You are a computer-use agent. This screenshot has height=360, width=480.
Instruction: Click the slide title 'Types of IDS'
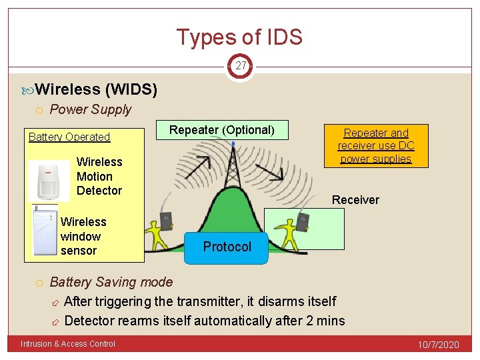pyautogui.click(x=239, y=37)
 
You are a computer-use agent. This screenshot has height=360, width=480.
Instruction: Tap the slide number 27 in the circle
pyautogui.click(x=240, y=66)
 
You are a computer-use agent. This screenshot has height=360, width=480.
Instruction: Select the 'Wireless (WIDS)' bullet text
pyautogui.click(x=96, y=89)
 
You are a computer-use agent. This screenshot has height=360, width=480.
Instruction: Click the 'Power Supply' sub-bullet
pyautogui.click(x=91, y=109)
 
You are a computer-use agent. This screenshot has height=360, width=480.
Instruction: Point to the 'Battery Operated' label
pyautogui.click(x=69, y=137)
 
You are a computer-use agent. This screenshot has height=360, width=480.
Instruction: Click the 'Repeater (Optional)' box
pyautogui.click(x=221, y=130)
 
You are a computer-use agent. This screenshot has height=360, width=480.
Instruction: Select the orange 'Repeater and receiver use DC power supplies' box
pyautogui.click(x=376, y=146)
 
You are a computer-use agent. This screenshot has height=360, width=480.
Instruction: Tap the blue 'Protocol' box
pyautogui.click(x=227, y=247)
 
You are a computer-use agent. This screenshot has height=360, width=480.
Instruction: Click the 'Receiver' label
pyautogui.click(x=355, y=200)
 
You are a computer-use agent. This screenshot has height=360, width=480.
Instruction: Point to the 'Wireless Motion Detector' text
pyautogui.click(x=99, y=176)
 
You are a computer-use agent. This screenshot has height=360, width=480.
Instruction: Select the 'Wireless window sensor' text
pyautogui.click(x=83, y=236)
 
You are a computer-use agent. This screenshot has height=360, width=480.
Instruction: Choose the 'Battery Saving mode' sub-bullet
pyautogui.click(x=111, y=282)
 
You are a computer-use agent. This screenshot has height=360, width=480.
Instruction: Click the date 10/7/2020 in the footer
pyautogui.click(x=439, y=345)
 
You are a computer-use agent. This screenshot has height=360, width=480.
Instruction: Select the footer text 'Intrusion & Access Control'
pyautogui.click(x=68, y=344)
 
